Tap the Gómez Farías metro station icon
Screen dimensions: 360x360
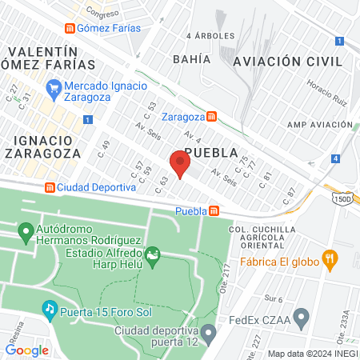tap(71, 28)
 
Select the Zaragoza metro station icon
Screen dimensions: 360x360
tap(210, 116)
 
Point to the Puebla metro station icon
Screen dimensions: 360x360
tap(214, 211)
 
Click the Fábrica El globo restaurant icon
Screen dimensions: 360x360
tap(329, 258)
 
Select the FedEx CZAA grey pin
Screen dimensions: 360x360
tap(302, 321)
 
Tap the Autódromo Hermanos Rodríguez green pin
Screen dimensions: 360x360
tap(25, 234)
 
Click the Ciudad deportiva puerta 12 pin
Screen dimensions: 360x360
tap(209, 331)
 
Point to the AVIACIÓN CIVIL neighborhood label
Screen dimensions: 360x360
tap(287, 62)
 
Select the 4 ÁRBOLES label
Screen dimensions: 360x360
tap(210, 36)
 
